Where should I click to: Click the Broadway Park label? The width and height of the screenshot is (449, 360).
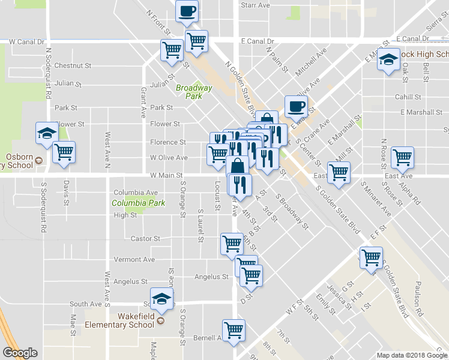[x=194, y=92]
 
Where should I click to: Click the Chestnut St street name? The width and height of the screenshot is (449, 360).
[x=72, y=65]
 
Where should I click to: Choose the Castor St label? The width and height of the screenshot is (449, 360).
[x=145, y=238]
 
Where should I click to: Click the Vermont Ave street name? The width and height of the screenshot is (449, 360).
[x=134, y=260]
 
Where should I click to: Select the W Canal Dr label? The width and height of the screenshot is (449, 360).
[x=27, y=42]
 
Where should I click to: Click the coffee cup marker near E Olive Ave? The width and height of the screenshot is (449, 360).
[x=295, y=106]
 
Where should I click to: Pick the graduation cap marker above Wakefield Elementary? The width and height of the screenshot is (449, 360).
[x=161, y=298]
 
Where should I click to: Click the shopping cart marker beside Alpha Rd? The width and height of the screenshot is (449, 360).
[x=402, y=157]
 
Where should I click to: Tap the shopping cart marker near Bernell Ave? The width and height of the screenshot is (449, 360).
[x=234, y=329]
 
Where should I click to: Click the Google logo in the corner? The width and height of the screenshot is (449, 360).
[x=20, y=353]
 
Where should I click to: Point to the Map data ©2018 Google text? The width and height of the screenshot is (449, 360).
[x=412, y=355]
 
